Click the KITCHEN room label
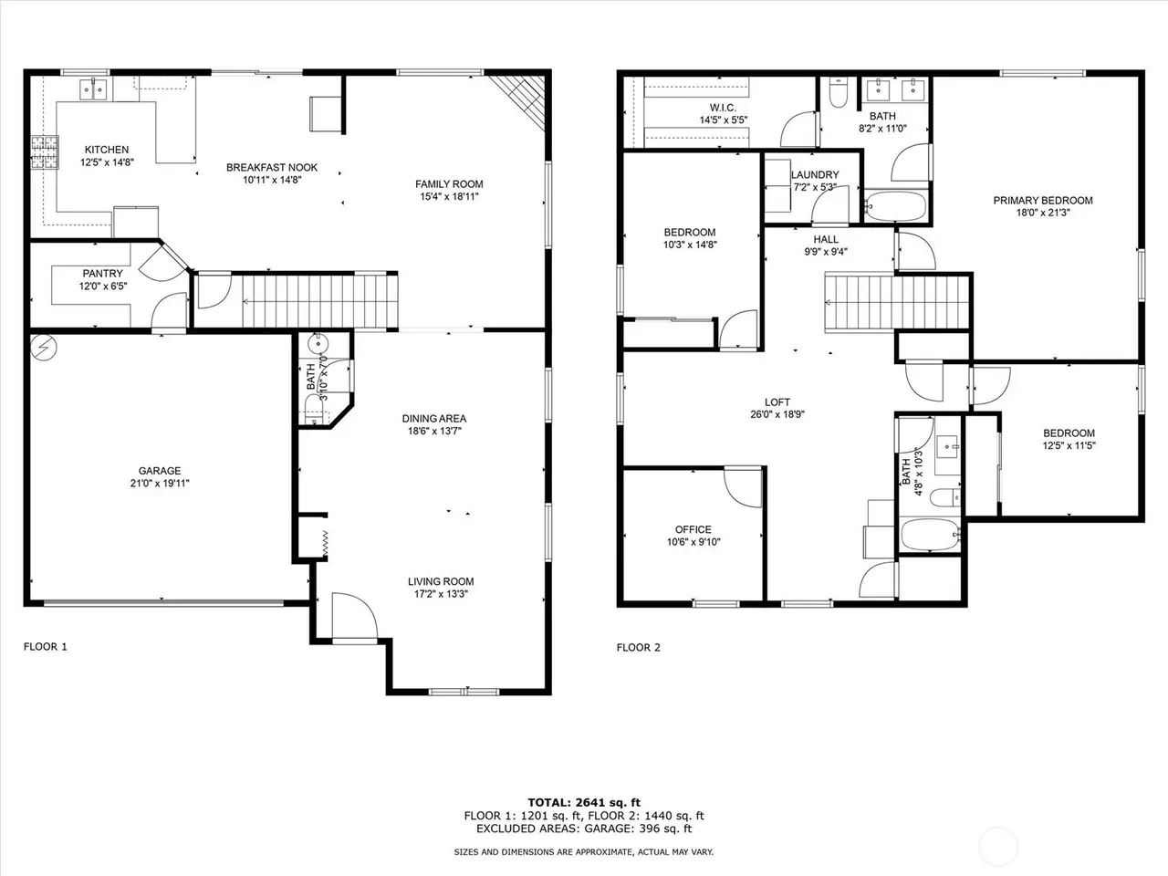point(107,150)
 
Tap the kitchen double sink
point(94,89)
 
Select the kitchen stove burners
point(45,152)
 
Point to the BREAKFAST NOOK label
point(272,168)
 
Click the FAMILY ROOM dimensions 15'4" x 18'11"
point(449,197)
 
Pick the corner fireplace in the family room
point(517,102)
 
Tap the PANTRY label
point(103,274)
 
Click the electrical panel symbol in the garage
point(44,348)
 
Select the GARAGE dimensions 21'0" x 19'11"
point(160,484)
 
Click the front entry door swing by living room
point(355,617)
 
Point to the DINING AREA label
point(434,419)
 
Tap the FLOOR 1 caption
point(46,647)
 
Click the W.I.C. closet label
point(723,108)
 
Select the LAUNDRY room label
point(815,174)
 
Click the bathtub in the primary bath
point(896,206)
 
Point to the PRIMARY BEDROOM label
point(1043,201)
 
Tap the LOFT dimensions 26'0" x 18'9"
point(777,414)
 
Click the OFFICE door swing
point(743,487)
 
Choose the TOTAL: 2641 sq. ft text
point(584,803)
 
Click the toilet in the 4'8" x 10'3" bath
point(944,498)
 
